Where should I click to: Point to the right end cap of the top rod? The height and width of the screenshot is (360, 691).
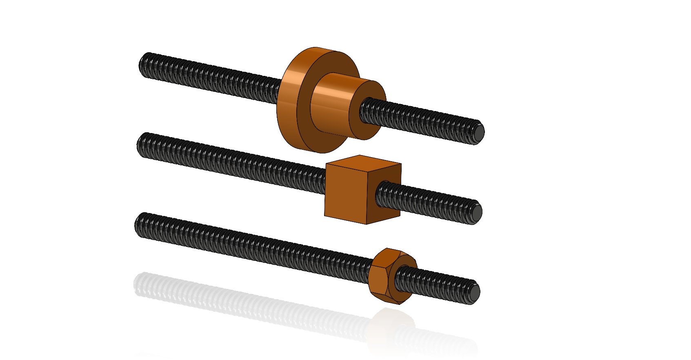click(x=478, y=132)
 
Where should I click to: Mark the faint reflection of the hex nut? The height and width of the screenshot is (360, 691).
click(x=390, y=327)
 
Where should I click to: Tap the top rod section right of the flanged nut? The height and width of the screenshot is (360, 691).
click(x=429, y=118)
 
